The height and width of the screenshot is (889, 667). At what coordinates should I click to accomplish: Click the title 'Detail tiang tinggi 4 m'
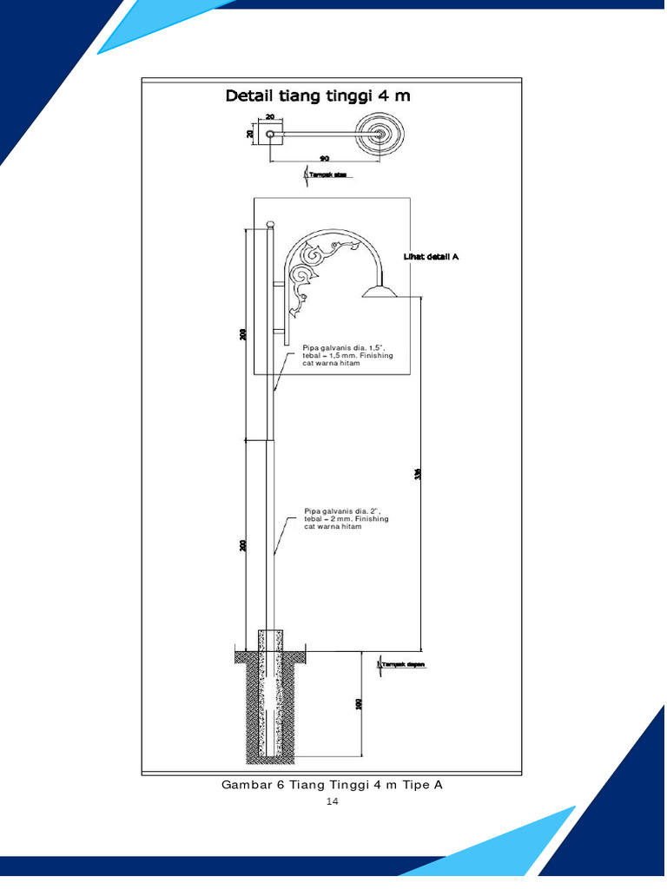318,95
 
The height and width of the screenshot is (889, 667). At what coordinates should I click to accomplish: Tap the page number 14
332,801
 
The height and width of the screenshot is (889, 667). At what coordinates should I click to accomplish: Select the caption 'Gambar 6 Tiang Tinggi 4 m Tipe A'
332,785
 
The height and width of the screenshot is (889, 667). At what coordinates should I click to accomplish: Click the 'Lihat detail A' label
431,257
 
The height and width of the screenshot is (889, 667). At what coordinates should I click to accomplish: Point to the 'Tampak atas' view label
328,175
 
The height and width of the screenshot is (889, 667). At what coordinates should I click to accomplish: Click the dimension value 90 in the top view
324,158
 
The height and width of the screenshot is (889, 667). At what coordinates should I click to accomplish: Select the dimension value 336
418,474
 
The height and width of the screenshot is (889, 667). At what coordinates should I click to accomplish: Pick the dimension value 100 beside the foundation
359,703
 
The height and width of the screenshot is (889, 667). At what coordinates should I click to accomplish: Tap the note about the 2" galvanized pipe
346,519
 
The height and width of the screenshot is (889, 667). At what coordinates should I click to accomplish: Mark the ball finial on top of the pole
270,224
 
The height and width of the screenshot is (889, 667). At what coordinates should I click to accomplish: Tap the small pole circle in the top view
270,135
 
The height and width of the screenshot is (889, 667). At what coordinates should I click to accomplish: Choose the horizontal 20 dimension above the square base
270,116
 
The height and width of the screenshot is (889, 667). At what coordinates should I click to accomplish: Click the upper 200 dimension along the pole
243,333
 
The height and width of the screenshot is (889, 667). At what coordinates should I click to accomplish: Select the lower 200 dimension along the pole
243,545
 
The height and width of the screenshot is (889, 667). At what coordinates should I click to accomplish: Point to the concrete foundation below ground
270,703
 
